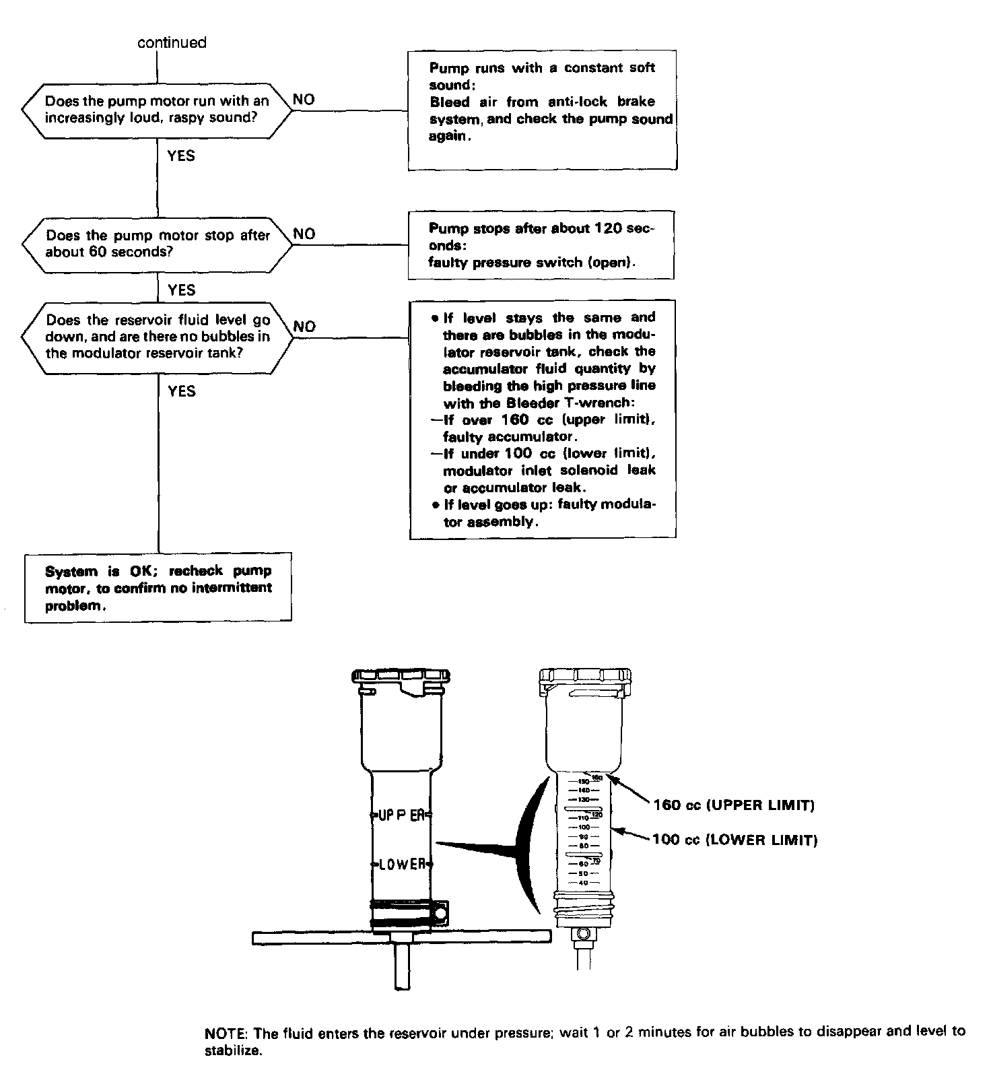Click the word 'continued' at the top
(172, 42)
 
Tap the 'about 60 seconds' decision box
(158, 244)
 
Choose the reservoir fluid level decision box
(158, 336)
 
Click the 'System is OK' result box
(158, 587)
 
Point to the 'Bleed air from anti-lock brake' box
(542, 110)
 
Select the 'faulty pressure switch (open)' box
(541, 245)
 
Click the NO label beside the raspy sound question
(304, 100)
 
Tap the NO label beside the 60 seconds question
(304, 234)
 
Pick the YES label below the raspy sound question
(181, 156)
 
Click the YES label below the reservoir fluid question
(181, 391)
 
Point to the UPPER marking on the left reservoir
(401, 814)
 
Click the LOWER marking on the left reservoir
(402, 864)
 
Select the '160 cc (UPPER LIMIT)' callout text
(733, 805)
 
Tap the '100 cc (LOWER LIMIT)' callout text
(734, 840)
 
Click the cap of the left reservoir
(401, 677)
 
